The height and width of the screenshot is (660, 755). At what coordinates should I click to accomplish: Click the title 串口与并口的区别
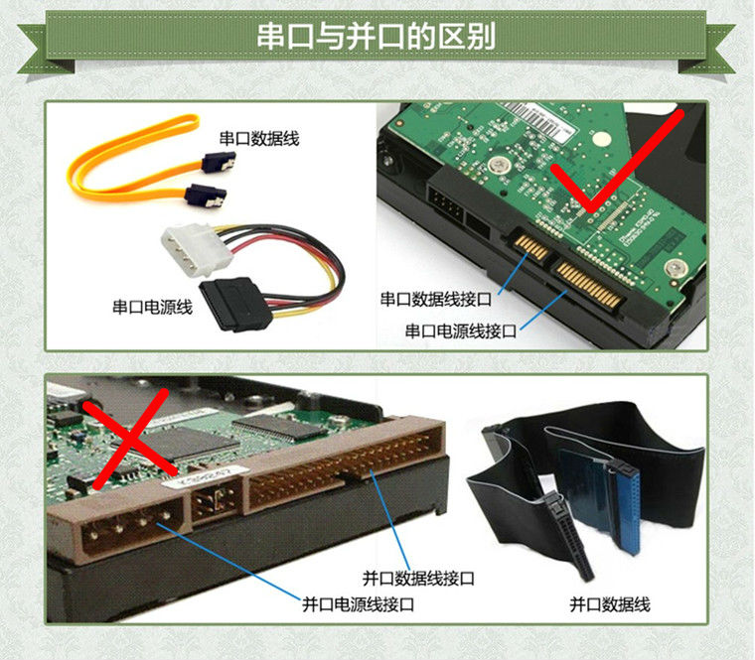tap(377, 37)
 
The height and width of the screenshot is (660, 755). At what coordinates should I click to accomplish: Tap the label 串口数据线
tap(259, 139)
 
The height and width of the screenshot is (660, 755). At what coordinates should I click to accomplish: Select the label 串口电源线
tap(151, 307)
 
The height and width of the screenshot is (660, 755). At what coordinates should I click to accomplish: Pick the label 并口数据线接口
tap(418, 578)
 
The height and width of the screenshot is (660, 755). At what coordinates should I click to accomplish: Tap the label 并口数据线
tap(610, 603)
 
